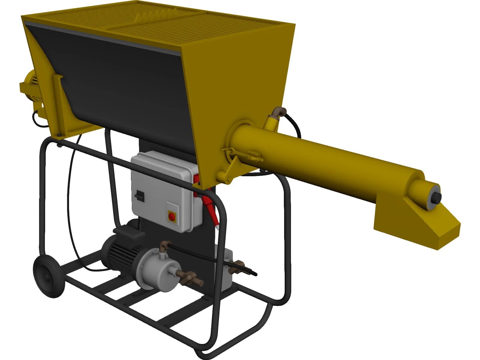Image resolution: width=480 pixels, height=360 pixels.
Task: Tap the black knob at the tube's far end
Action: pyautogui.click(x=437, y=197)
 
